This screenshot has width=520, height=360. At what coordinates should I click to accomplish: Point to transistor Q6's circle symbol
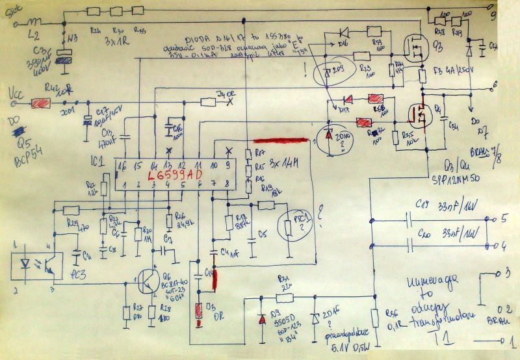pos(149,281)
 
